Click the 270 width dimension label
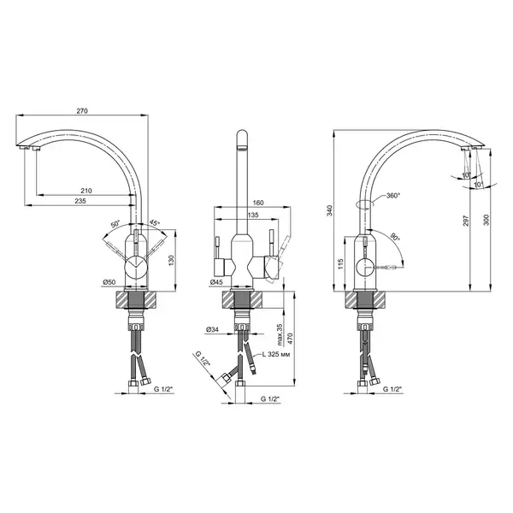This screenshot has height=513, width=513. (x=82, y=111)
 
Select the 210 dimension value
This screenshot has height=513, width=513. (x=86, y=191)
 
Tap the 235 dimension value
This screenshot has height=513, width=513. (x=80, y=201)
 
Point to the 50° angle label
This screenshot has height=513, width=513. (x=115, y=224)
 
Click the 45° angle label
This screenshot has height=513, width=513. (x=155, y=223)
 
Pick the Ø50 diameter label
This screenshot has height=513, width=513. (x=109, y=281)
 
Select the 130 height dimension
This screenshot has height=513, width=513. (x=172, y=261)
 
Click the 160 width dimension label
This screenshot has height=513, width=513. (x=258, y=203)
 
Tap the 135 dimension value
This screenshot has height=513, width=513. (x=253, y=215)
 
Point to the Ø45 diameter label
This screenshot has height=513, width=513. (x=216, y=281)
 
